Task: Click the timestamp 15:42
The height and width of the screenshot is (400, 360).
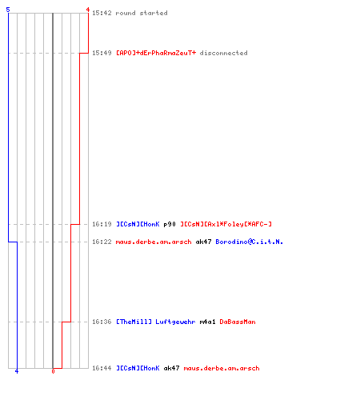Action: pyautogui.click(x=102, y=13)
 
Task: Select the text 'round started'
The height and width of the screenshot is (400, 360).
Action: pyautogui.click(x=142, y=13)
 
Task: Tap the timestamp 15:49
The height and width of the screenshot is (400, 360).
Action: pyautogui.click(x=102, y=53)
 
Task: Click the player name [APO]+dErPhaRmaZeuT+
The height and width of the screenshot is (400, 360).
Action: pyautogui.click(x=156, y=53)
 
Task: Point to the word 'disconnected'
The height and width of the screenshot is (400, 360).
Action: pyautogui.click(x=223, y=53)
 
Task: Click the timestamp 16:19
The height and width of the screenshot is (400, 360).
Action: pyautogui.click(x=102, y=224)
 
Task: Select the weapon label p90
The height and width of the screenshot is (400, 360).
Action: pyautogui.click(x=170, y=225)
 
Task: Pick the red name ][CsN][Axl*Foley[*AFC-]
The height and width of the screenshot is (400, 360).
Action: pyautogui.click(x=226, y=224)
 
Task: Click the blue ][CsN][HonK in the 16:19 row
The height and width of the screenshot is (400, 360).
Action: pyautogui.click(x=138, y=224)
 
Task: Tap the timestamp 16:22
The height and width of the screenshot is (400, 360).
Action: pyautogui.click(x=102, y=242)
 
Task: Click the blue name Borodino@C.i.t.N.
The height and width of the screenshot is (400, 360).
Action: pyautogui.click(x=250, y=242)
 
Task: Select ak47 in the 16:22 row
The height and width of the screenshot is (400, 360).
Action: pyautogui.click(x=203, y=242)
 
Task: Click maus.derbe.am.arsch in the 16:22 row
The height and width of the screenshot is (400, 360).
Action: pyautogui.click(x=154, y=242)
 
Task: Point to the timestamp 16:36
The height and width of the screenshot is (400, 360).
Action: pyautogui.click(x=102, y=322)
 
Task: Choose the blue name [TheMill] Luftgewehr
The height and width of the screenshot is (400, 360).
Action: pyautogui.click(x=156, y=322)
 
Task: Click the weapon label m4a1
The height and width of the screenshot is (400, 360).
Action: pyautogui.click(x=207, y=322)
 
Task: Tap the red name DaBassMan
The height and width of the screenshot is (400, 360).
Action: pyautogui.click(x=238, y=322)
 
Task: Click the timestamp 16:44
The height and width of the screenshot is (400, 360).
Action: pyautogui.click(x=102, y=368)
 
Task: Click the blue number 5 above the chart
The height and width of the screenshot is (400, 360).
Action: pyautogui.click(x=8, y=10)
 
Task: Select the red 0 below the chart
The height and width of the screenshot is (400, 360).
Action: pyautogui.click(x=53, y=371)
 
